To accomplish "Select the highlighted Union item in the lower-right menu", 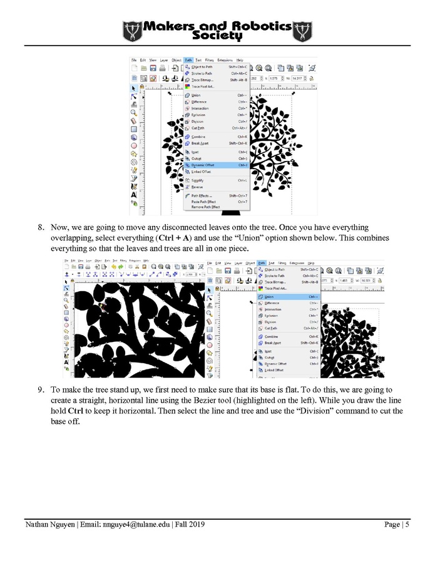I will [x=269, y=297].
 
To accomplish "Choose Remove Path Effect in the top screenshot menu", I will [x=205, y=207].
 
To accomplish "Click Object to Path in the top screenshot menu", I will [x=202, y=66].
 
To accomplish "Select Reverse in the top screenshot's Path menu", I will [x=197, y=187].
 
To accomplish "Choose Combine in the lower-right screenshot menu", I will [x=270, y=336].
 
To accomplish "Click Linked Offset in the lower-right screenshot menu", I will [x=274, y=370].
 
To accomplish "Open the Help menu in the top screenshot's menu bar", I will [x=240, y=59].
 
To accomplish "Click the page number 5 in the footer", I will [x=407, y=525].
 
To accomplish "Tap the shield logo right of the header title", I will [x=303, y=31].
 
